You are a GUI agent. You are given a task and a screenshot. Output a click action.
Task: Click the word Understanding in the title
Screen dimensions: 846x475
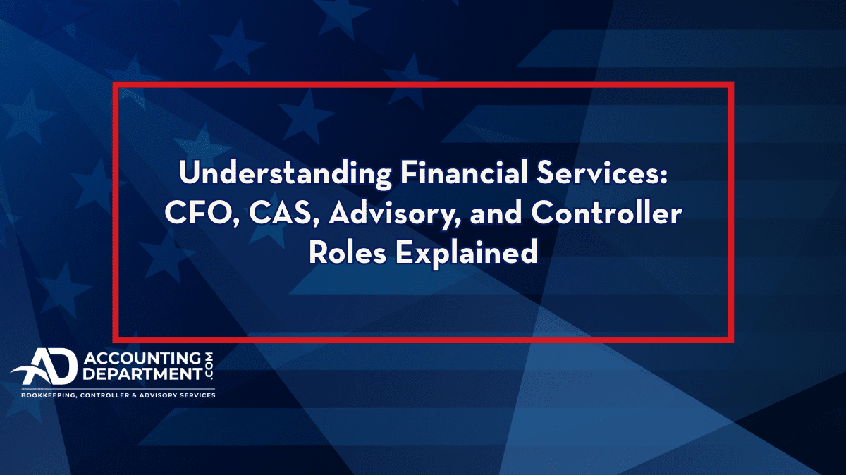coord(286,173)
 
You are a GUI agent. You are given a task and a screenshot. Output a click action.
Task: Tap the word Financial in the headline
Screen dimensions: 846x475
coord(464,172)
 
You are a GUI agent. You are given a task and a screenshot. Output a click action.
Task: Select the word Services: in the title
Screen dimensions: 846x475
coord(602,172)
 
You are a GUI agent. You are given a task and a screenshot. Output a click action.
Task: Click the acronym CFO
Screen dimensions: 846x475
coord(202,214)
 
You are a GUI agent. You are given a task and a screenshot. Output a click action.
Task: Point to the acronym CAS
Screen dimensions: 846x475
coord(284,214)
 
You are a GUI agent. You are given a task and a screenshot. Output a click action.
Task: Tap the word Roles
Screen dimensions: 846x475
coord(348,252)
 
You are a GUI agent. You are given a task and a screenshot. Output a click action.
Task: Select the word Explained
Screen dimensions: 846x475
coord(467,253)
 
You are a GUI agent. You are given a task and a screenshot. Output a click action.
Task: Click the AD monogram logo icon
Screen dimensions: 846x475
coord(44,366)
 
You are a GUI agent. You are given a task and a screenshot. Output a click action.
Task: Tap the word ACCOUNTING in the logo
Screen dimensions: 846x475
coord(142,358)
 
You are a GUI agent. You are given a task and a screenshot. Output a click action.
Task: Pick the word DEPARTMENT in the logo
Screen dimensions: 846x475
coord(142,374)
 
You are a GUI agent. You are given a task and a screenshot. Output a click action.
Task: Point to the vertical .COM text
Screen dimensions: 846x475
coord(209,366)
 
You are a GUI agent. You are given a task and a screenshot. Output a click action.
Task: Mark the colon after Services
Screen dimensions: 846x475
coord(664,176)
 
